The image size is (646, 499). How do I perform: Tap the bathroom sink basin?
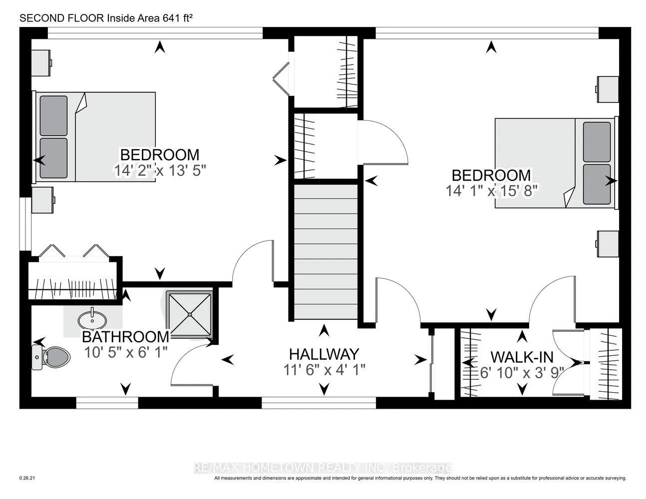click(x=92, y=320)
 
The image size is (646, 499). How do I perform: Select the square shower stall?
click(x=190, y=314)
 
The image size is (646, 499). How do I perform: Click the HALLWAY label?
click(x=324, y=354)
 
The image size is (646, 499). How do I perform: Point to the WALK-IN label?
click(x=522, y=357)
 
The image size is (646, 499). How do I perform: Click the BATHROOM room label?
click(x=125, y=337)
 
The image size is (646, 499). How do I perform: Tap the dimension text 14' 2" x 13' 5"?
click(x=160, y=171)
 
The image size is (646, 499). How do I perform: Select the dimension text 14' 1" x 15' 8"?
click(x=491, y=191)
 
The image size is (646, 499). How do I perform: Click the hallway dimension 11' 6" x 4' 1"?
click(x=324, y=370)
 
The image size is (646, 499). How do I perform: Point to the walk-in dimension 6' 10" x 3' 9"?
click(x=522, y=373)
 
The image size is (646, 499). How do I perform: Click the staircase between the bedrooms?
click(x=326, y=252)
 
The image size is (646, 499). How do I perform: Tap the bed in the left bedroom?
click(x=94, y=137)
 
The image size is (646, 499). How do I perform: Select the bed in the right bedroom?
click(x=557, y=163)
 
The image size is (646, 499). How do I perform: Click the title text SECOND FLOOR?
click(x=62, y=18)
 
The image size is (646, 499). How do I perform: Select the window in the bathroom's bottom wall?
click(x=107, y=403)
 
